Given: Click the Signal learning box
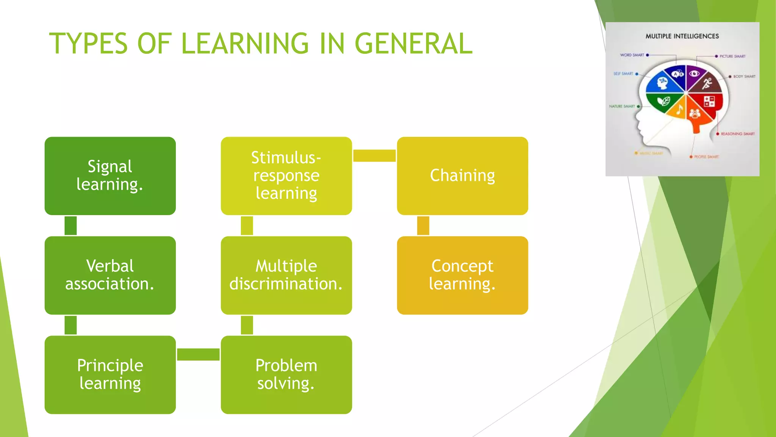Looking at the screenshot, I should click(110, 176).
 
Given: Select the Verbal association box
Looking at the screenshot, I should click(110, 275).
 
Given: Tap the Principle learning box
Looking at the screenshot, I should click(110, 374).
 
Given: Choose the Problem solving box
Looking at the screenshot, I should click(286, 374).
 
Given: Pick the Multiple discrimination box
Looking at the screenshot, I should click(286, 275).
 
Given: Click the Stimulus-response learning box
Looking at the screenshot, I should click(286, 176).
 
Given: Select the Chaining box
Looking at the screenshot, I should click(462, 176).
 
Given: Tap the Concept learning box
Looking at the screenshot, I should click(462, 275).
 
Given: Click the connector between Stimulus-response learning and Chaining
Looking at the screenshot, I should click(374, 156).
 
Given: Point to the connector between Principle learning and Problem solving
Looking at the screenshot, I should click(198, 354).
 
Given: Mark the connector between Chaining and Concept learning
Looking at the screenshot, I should click(423, 226).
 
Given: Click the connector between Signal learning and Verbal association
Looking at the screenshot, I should click(70, 226).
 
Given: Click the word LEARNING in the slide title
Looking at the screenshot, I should click(245, 43).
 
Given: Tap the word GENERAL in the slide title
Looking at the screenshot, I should click(413, 43).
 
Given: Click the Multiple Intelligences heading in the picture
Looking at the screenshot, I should click(682, 36).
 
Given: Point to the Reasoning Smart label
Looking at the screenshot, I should click(737, 134).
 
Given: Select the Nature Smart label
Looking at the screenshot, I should click(622, 107).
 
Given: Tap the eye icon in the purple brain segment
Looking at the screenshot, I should click(694, 74).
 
